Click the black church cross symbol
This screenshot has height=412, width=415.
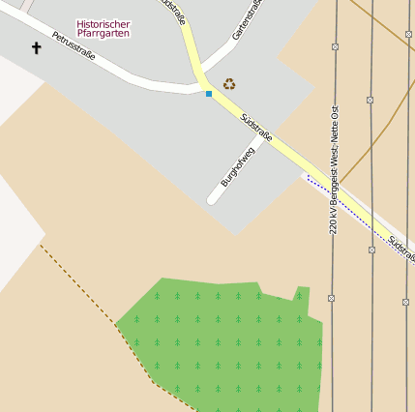click(37, 47)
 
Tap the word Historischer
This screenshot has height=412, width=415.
click(103, 24)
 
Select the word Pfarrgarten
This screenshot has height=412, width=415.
click(103, 34)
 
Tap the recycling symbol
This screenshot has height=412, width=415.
click(229, 84)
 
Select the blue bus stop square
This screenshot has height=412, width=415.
click(208, 94)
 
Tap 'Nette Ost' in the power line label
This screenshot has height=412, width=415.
click(335, 124)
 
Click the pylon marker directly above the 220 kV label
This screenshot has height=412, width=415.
click(335, 46)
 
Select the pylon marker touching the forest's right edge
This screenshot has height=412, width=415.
click(332, 298)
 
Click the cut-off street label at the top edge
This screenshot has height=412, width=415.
click(172, 8)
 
